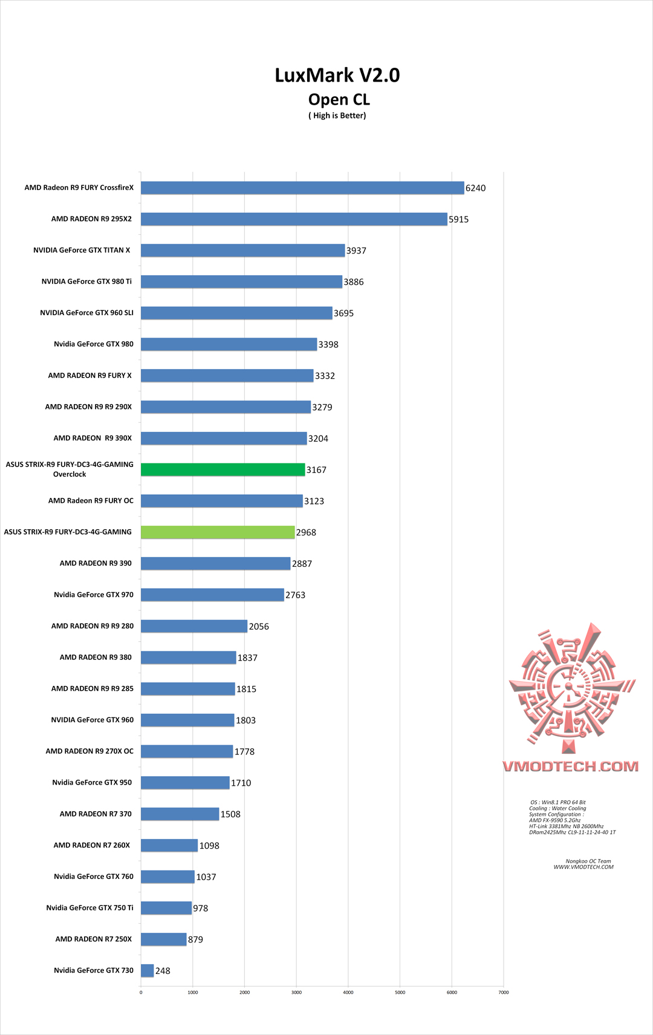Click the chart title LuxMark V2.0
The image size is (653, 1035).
click(337, 75)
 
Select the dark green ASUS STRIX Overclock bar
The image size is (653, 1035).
click(223, 469)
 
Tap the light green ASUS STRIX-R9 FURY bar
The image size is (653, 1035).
click(218, 532)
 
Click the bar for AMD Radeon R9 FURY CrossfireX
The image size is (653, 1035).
click(302, 188)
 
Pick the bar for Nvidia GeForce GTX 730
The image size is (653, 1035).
click(148, 971)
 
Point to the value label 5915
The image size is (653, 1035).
click(458, 220)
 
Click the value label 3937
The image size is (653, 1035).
click(356, 251)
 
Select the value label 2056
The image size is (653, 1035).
click(259, 627)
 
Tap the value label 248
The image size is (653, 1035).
click(163, 971)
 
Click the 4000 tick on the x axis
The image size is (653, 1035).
click(348, 993)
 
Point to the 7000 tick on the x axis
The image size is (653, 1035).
click(504, 993)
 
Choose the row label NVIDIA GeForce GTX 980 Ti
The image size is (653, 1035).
click(86, 281)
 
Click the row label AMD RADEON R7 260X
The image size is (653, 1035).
click(92, 845)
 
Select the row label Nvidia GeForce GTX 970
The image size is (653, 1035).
click(94, 595)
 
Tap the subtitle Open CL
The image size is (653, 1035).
click(339, 100)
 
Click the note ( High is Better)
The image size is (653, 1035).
click(337, 116)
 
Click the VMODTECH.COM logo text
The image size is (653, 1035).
click(570, 766)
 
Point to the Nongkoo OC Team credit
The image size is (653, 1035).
click(588, 861)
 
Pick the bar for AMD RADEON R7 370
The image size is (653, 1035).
click(180, 814)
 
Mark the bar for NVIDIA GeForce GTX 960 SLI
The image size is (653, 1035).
click(236, 313)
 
